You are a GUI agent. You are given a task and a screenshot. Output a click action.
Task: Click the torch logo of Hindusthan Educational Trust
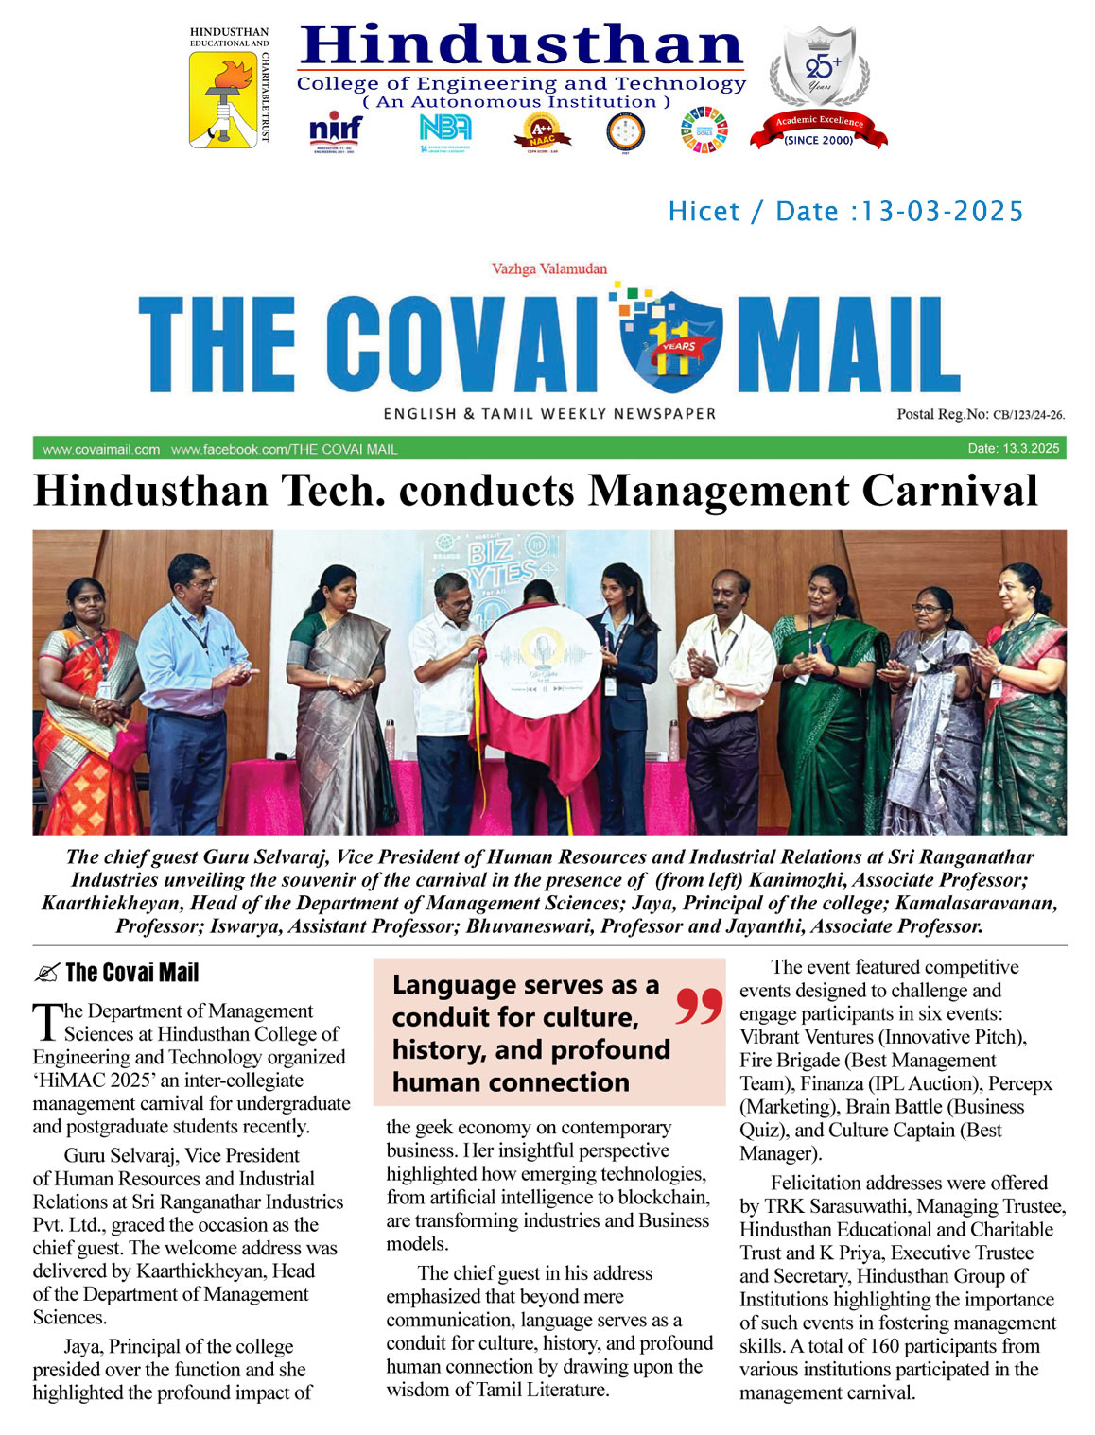click(223, 98)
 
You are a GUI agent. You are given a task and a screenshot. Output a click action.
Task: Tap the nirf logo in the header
click(335, 131)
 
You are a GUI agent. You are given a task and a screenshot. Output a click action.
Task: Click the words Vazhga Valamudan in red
click(549, 269)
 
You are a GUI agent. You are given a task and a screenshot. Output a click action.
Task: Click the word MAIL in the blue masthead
click(843, 346)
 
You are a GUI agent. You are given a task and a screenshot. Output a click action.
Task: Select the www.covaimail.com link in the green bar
click(101, 449)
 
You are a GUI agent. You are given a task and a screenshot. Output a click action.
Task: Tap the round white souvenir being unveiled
click(542, 666)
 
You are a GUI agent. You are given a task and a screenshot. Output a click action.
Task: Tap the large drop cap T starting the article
click(46, 1023)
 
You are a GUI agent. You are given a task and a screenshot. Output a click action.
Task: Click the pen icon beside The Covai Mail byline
click(45, 973)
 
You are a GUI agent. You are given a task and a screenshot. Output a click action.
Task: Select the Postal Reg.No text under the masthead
click(980, 414)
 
